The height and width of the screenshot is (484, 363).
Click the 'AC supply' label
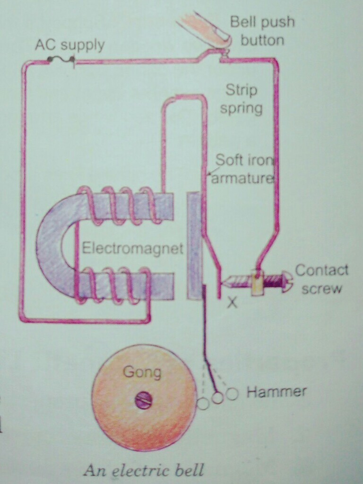point(70,45)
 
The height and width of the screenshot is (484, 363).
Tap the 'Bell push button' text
point(262,31)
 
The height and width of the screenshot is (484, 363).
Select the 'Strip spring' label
point(241,99)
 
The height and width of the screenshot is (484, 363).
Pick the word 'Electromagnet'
point(133,249)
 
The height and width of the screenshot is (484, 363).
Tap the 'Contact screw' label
point(322,279)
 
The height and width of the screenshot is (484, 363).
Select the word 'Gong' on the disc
point(142,372)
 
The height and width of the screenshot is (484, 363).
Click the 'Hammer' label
point(277,392)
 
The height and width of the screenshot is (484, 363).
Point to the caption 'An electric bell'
point(144,471)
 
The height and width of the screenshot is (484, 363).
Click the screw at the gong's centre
point(144,400)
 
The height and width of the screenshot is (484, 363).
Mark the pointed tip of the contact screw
point(223,282)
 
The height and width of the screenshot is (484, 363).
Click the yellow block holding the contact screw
point(258,282)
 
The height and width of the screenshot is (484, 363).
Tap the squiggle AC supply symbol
point(60,59)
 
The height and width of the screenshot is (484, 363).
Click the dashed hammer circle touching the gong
point(202,404)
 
